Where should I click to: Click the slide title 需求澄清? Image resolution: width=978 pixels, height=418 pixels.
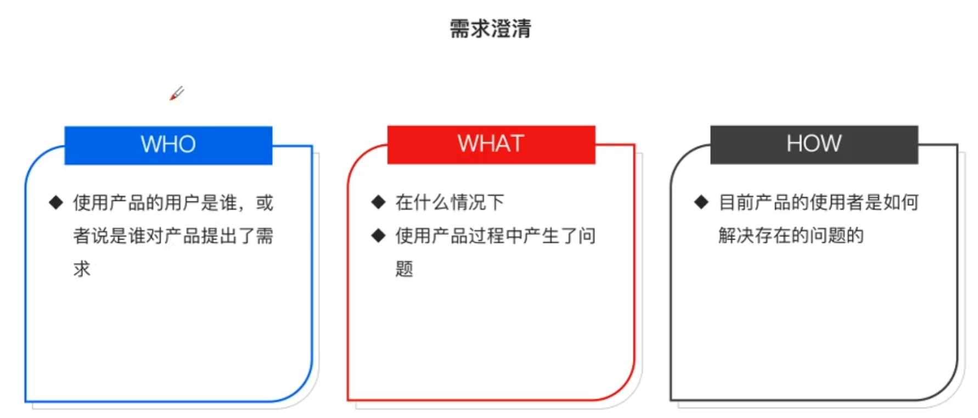point(490,29)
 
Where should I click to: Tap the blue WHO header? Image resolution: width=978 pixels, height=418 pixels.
point(168,145)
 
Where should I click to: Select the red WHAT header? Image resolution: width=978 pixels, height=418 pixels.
point(491,144)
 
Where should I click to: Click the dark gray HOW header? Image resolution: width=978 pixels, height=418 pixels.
point(814,144)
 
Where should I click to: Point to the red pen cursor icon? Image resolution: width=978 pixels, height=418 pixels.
point(177,93)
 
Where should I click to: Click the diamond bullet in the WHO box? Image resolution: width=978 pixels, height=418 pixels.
point(56,203)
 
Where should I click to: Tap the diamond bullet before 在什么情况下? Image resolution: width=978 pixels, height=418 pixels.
point(378,202)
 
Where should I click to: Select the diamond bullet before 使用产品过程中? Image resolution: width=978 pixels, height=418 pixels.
point(378,236)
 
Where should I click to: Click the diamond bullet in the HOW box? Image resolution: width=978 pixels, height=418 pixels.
point(701,202)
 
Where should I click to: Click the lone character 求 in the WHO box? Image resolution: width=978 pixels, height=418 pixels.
point(82,269)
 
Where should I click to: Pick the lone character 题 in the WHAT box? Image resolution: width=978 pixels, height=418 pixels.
point(404,269)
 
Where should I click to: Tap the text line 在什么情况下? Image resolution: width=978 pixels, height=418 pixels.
point(449,202)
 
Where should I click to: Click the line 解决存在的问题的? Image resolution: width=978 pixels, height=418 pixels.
point(791,236)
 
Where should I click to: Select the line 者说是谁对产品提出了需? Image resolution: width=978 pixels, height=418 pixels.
point(173,236)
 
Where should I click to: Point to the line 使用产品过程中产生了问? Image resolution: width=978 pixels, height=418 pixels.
point(495,236)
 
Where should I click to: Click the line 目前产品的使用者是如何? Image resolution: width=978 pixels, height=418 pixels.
point(818,202)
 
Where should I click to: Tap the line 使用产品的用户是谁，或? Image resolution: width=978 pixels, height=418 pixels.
point(173,203)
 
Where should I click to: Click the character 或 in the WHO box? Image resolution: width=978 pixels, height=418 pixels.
point(265,203)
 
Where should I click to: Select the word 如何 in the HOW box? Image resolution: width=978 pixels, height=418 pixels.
point(901,202)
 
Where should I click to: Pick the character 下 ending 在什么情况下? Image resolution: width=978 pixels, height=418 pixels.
point(496,202)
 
